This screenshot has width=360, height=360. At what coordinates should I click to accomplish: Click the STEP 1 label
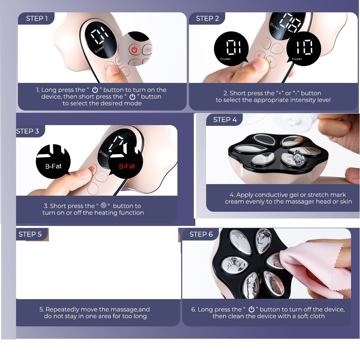click(37, 18)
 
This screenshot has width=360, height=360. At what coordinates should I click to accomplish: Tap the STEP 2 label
click(207, 18)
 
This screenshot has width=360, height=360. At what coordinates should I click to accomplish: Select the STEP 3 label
click(28, 131)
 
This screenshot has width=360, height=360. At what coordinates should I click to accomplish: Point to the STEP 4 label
click(225, 120)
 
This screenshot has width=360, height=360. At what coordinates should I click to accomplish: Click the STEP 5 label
click(30, 234)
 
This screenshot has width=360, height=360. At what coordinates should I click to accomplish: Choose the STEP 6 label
click(201, 234)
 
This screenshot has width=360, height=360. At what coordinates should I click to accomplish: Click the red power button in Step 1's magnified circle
click(134, 50)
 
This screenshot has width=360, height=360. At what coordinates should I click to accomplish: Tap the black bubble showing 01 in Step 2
click(231, 49)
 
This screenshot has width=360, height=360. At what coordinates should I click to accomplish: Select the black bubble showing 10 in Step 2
click(304, 49)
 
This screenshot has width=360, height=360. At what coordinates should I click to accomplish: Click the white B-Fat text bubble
click(53, 161)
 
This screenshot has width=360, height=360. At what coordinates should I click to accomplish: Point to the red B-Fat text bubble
click(125, 161)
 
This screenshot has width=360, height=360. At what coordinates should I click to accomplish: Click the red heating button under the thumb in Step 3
click(91, 169)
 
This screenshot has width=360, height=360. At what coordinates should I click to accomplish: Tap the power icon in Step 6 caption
click(251, 309)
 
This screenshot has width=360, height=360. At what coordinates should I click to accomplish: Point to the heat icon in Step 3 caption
click(103, 205)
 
